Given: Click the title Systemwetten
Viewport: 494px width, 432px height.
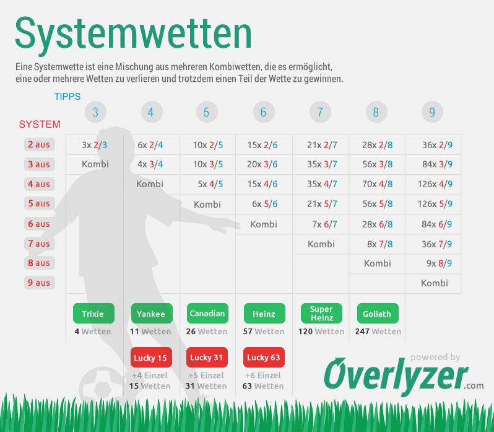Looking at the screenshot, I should [133, 33].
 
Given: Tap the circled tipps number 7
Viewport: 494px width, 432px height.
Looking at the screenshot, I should [320, 112].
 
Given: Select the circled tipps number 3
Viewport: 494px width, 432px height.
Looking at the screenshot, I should [95, 112].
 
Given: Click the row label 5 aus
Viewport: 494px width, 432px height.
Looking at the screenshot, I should [39, 203].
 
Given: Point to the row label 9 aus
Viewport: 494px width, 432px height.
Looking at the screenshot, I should [39, 283].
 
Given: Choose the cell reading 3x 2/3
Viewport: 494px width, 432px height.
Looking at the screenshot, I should [95, 145].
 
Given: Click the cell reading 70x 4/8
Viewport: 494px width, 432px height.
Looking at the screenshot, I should [378, 184].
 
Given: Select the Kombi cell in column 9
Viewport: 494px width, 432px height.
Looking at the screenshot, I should [434, 283].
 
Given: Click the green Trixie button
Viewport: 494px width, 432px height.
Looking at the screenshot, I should [93, 314].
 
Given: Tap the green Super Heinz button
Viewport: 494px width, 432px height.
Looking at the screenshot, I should [321, 314].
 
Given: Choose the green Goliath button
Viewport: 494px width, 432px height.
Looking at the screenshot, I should [377, 314].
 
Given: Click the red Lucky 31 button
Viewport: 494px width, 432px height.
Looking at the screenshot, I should [206, 357].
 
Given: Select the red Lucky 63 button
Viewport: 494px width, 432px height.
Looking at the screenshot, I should [264, 357].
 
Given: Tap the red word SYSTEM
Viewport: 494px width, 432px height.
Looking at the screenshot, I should [40, 124].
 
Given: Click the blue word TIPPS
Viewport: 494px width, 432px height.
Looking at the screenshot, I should [67, 97].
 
